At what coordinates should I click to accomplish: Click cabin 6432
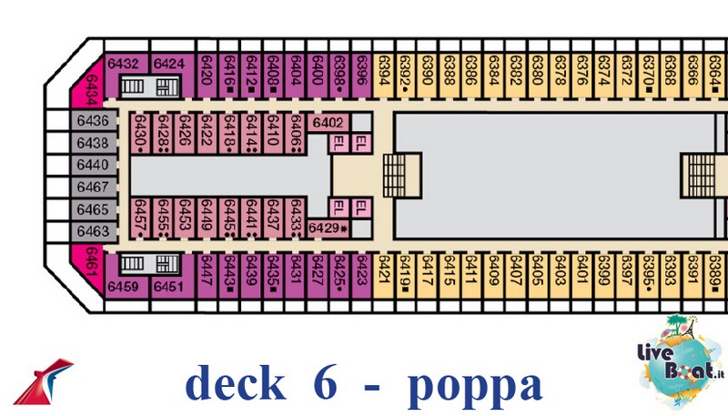click(123, 64)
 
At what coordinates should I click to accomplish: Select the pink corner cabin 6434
click(92, 90)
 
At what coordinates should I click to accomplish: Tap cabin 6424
click(169, 64)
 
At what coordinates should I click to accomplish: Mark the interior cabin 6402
click(328, 122)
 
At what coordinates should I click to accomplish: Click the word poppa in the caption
click(474, 384)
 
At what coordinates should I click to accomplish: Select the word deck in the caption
click(235, 384)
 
